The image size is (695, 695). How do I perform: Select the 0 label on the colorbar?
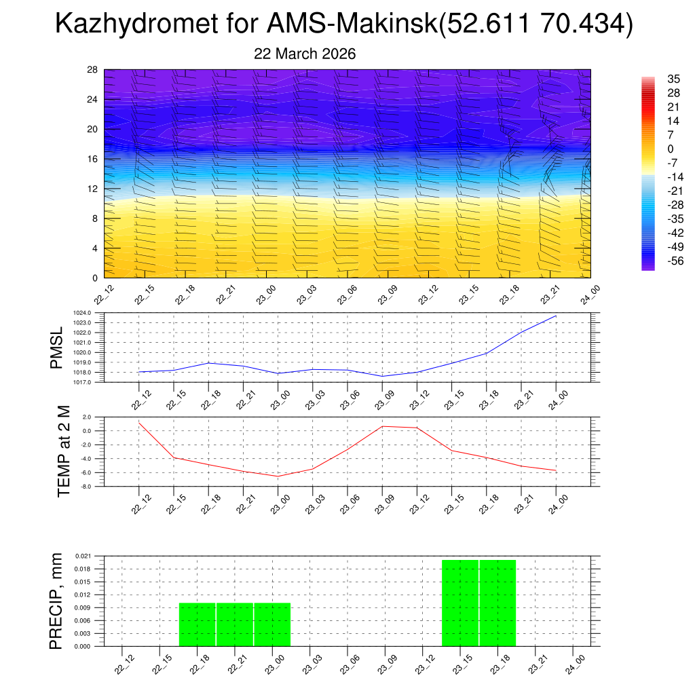tap(671, 149)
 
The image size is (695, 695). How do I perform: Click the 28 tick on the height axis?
tap(92, 70)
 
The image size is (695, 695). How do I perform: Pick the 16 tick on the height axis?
tap(92, 159)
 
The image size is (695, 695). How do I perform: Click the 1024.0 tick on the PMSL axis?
tap(93, 312)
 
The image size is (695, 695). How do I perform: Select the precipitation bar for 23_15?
tap(460, 603)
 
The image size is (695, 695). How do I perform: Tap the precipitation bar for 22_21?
tap(235, 624)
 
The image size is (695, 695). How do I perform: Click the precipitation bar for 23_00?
tap(273, 624)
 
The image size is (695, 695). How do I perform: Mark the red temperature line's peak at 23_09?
tap(382, 426)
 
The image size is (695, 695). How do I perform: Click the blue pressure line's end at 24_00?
tap(556, 316)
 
